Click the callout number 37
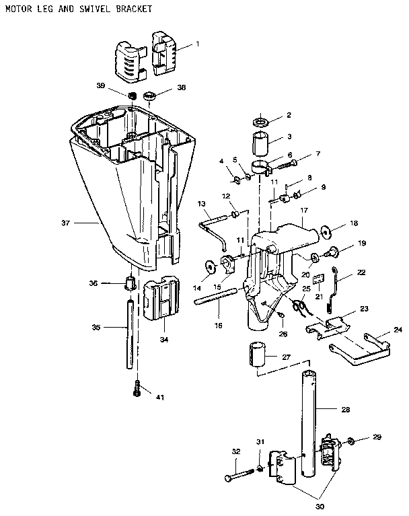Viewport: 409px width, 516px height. point(85,223)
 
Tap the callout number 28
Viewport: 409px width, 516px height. point(346,409)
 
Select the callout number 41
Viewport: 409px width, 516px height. point(159,398)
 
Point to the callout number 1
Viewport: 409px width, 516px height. point(198,44)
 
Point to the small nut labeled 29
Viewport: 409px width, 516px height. point(352,442)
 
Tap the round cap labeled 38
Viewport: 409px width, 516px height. point(149,94)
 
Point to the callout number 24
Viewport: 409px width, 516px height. point(397,330)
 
